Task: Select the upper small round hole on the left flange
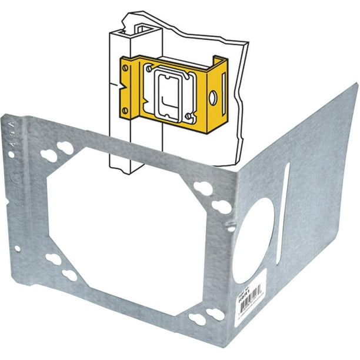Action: coord(11,155)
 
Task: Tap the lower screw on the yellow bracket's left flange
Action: coord(125,109)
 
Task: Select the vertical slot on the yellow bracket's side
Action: coord(223,91)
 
